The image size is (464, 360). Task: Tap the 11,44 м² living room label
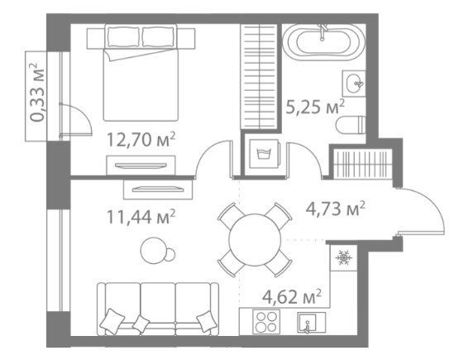tap(141, 217)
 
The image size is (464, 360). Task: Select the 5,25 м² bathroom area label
tap(315, 107)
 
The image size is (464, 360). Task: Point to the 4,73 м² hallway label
tap(335, 209)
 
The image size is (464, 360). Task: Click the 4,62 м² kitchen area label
tap(292, 297)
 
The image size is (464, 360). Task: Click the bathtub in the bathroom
tap(324, 42)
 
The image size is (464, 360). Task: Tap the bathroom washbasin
tap(354, 84)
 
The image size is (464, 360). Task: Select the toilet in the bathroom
tap(351, 126)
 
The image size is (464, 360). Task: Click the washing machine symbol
tap(264, 154)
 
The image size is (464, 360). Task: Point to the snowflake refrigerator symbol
tap(344, 257)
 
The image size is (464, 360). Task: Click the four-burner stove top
tap(266, 322)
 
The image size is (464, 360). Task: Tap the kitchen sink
tap(311, 322)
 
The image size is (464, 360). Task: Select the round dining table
tap(255, 240)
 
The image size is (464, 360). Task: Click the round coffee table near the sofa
tap(154, 251)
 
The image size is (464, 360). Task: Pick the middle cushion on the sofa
tap(141, 324)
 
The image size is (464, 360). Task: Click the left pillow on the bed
tap(123, 36)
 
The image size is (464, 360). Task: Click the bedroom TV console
tap(141, 165)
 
